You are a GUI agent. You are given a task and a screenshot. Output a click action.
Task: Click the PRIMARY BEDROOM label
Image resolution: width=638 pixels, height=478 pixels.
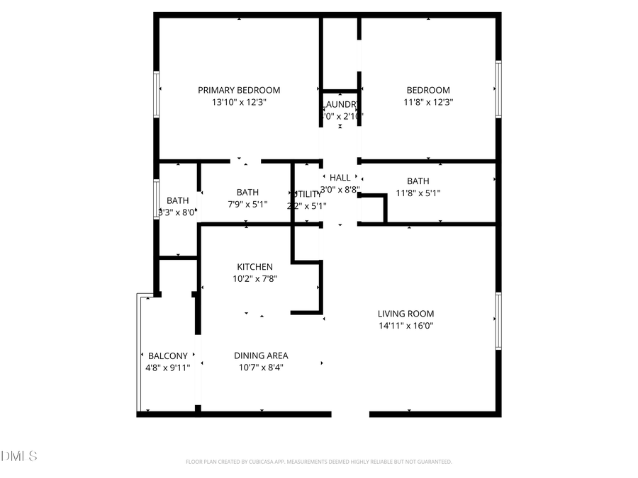pyautogui.click(x=239, y=90)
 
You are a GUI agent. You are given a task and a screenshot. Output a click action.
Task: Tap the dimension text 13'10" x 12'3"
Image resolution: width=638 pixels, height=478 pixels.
pyautogui.click(x=239, y=102)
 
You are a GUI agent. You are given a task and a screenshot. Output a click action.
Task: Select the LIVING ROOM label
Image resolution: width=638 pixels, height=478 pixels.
pyautogui.click(x=405, y=314)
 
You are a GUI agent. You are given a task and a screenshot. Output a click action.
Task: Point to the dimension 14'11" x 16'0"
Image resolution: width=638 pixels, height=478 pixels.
pyautogui.click(x=405, y=326)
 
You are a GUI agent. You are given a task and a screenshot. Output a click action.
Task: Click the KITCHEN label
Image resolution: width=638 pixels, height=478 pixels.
pyautogui.click(x=254, y=267)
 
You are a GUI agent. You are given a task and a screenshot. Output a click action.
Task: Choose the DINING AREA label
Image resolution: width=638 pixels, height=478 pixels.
pyautogui.click(x=261, y=355)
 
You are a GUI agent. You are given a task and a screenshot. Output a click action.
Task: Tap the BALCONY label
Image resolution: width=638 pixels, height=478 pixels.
pyautogui.click(x=168, y=355)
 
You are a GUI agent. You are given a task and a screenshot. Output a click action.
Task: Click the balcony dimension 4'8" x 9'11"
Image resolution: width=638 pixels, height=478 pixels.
pyautogui.click(x=168, y=368)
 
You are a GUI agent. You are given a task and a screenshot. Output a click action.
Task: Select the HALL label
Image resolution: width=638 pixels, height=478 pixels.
pyautogui.click(x=340, y=178)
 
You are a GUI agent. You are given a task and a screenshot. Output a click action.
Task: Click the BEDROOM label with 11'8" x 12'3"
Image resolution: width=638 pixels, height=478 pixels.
pyautogui.click(x=428, y=90)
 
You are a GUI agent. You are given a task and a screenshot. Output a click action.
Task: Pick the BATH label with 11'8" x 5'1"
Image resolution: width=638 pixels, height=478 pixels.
pyautogui.click(x=418, y=181)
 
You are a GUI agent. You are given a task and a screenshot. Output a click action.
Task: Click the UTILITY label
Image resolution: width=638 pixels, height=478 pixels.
pyautogui.click(x=306, y=194)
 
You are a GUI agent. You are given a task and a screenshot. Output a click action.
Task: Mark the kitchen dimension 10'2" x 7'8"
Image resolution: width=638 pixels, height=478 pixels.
pyautogui.click(x=254, y=279)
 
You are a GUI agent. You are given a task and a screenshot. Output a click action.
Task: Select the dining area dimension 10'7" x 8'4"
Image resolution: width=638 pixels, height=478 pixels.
pyautogui.click(x=261, y=368)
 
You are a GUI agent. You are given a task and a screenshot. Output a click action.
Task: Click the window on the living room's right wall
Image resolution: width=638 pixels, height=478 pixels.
pyautogui.click(x=498, y=321)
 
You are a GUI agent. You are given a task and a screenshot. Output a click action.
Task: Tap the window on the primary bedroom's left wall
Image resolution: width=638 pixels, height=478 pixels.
pyautogui.click(x=157, y=93)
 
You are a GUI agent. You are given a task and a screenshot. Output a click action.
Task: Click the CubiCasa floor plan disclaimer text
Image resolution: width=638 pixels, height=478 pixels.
pyautogui.click(x=319, y=462)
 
